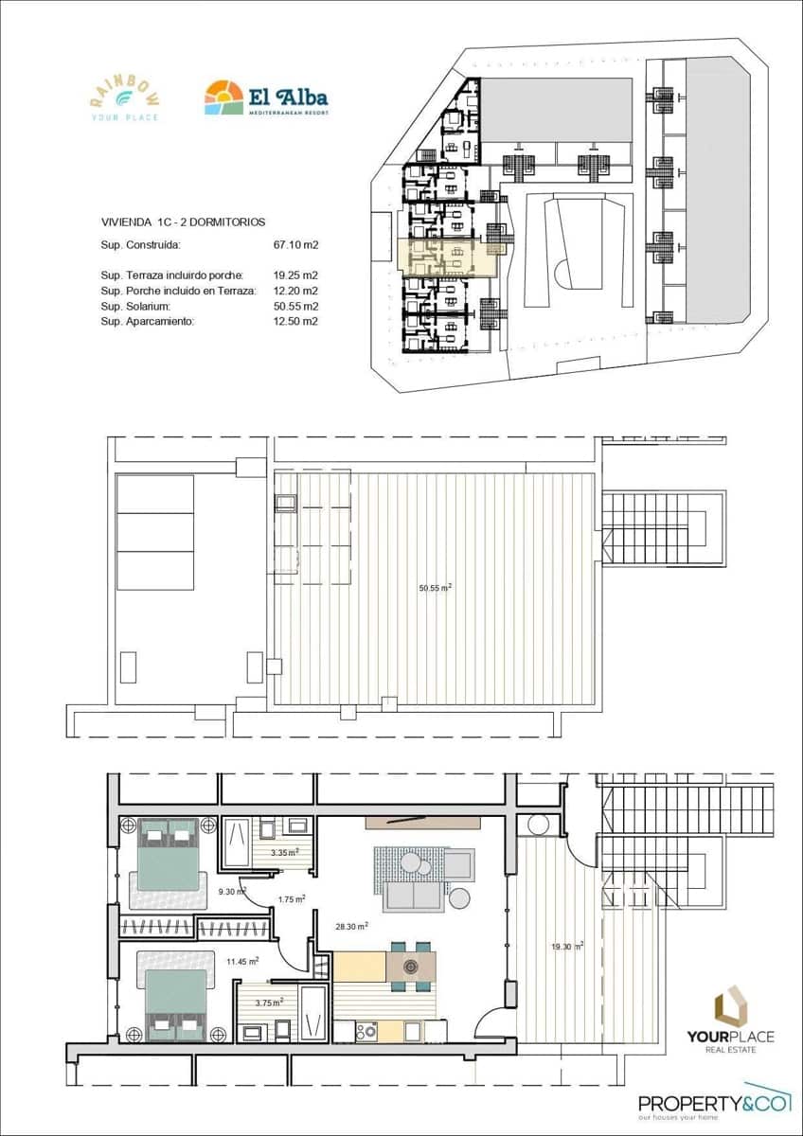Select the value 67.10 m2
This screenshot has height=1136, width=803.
click(295, 245)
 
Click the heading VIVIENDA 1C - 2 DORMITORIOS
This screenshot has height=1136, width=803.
click(182, 222)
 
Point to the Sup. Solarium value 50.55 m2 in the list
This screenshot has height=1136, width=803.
click(295, 306)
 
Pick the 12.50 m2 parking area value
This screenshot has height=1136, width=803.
click(295, 321)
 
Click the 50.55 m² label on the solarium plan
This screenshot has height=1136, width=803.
click(435, 588)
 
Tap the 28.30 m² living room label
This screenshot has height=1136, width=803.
click(352, 927)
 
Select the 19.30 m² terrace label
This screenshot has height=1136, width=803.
click(567, 946)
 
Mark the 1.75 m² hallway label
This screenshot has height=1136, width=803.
click(291, 899)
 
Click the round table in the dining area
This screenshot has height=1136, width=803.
click(411, 967)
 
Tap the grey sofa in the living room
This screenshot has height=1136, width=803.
click(414, 895)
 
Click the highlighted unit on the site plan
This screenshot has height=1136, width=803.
click(451, 257)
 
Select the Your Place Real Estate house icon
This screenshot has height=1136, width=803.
click(730, 1005)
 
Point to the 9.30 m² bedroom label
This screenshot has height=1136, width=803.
click(231, 892)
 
